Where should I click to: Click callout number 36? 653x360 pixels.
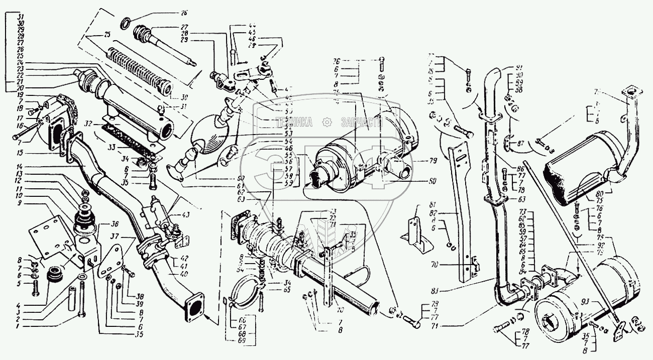[x=115, y=224]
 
